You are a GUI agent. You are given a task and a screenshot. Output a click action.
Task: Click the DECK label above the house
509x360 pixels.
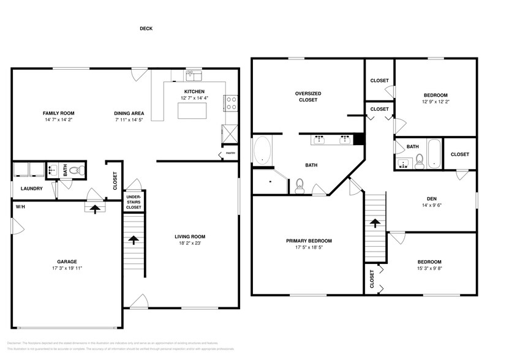click(146, 28)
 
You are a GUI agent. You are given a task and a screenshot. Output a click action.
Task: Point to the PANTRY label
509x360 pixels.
click(230, 154)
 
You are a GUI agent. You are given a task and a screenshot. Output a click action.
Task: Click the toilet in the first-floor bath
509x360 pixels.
click(75, 171)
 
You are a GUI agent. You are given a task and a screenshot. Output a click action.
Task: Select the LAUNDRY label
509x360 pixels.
click(31, 189)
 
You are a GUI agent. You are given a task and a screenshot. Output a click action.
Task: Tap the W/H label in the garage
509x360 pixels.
click(21, 206)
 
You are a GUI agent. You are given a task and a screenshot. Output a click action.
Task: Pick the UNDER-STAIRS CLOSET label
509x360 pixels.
click(134, 203)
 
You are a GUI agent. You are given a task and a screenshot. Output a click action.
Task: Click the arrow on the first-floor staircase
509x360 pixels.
click(133, 239)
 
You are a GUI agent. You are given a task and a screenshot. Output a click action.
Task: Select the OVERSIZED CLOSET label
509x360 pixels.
click(308, 97)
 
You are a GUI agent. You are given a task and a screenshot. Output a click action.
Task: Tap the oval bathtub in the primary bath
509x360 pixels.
click(262, 150)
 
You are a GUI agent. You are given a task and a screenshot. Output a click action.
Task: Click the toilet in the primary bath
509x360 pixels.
click(300, 186)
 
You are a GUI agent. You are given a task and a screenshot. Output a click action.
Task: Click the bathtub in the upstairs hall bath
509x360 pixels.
click(433, 153)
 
